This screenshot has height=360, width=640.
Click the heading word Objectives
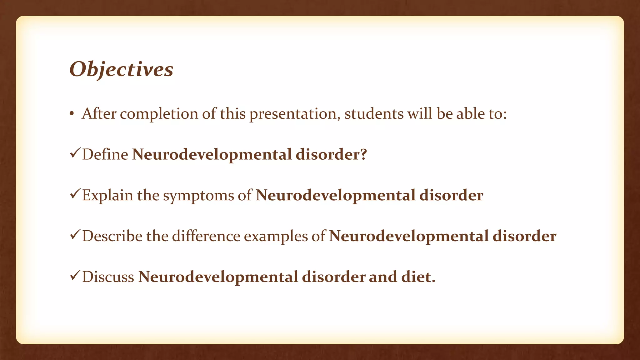121,69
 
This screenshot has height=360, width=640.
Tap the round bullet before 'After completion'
72,114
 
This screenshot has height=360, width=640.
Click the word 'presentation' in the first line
293,114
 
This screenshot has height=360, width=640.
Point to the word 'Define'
105,154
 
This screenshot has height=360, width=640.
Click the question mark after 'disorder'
363,154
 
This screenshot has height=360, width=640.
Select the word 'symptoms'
198,196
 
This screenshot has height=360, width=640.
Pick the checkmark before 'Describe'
75,235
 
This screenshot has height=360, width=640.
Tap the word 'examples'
276,237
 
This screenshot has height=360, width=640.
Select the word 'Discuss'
108,277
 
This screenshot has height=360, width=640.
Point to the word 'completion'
159,114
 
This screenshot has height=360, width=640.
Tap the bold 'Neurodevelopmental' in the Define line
212,155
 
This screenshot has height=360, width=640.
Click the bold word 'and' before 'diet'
383,277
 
